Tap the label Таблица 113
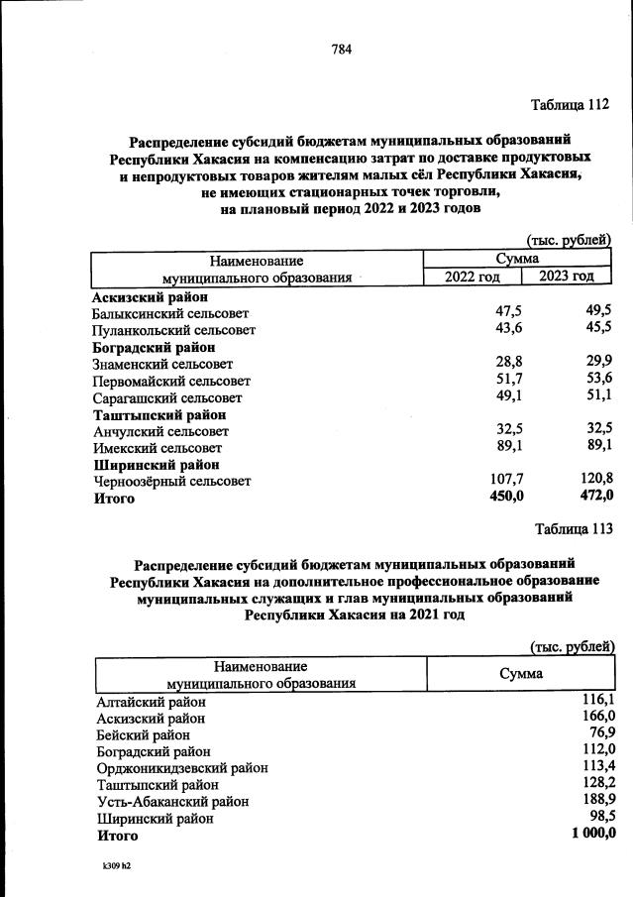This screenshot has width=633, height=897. pos(574,528)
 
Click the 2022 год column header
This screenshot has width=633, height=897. pos(474,277)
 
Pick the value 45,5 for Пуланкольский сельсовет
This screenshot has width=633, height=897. pos(595,328)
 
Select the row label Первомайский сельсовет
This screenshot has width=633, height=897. pos(171,381)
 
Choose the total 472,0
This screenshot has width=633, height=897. pos(593,498)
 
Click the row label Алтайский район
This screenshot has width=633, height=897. pos(152,702)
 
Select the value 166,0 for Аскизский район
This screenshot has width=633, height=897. pos(597,717)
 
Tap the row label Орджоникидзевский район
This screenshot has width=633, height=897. pos(182,768)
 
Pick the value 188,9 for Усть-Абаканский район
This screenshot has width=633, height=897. pos(597,801)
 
